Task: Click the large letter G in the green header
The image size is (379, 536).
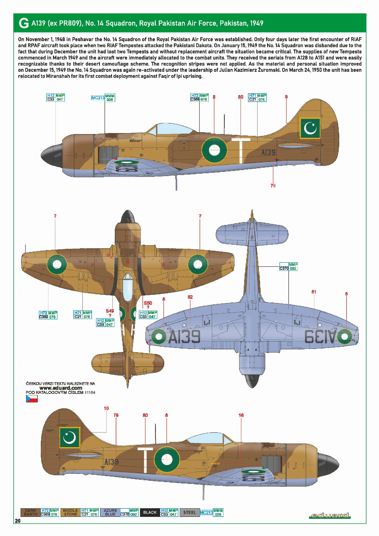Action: click(24, 23)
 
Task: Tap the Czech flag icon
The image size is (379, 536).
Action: click(32, 399)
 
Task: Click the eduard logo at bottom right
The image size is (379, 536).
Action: click(330, 515)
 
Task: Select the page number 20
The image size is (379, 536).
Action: click(18, 521)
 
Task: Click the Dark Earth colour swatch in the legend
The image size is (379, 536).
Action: click(30, 512)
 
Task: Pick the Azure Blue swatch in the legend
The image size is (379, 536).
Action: click(110, 512)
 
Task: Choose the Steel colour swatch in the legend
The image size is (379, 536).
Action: click(189, 512)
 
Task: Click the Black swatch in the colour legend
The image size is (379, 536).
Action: click(150, 512)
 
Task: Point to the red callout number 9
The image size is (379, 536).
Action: click(286, 97)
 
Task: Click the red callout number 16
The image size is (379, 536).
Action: click(241, 415)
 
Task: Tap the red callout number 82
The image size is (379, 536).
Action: click(190, 297)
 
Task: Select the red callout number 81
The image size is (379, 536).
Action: click(314, 292)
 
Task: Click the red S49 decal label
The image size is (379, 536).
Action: click(110, 311)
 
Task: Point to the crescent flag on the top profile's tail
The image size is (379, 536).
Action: click(310, 128)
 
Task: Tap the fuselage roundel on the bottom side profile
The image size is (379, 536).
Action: click(167, 459)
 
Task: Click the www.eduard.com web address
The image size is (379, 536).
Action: click(61, 388)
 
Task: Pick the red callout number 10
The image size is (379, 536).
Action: click(106, 408)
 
